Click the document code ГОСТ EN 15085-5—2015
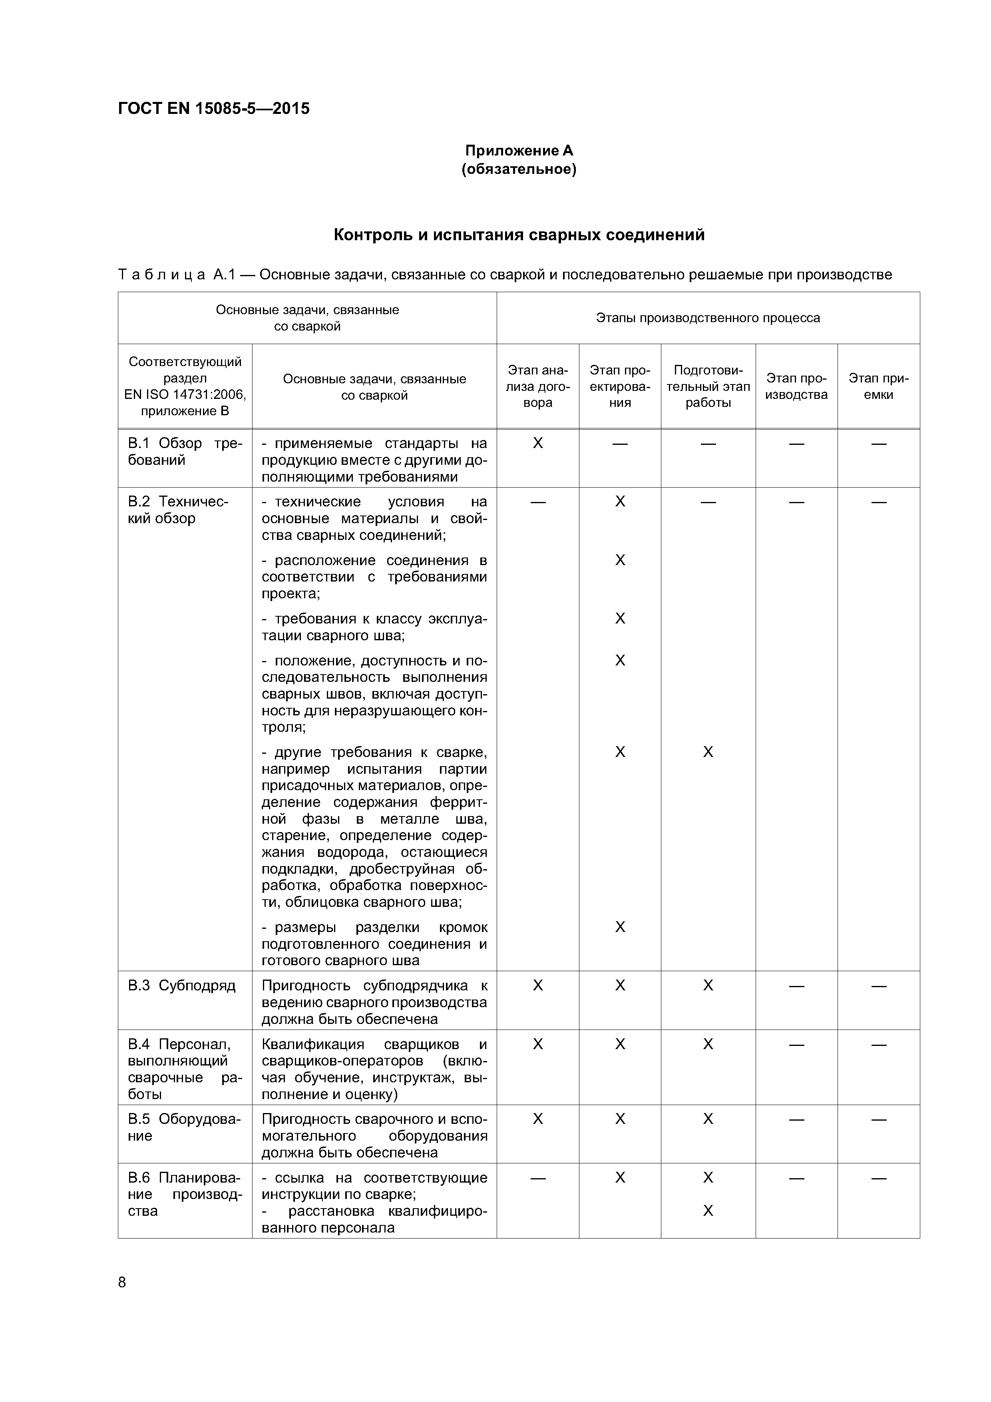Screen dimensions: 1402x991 (214, 109)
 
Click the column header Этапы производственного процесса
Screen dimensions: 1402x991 (708, 317)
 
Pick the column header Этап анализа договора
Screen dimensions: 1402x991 (537, 386)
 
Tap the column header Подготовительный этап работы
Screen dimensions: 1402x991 (708, 386)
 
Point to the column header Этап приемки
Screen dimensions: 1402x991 (878, 386)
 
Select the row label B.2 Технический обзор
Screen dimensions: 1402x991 (177, 510)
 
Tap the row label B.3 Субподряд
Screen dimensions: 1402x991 (181, 986)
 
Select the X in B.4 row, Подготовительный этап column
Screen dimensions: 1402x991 (708, 1044)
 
